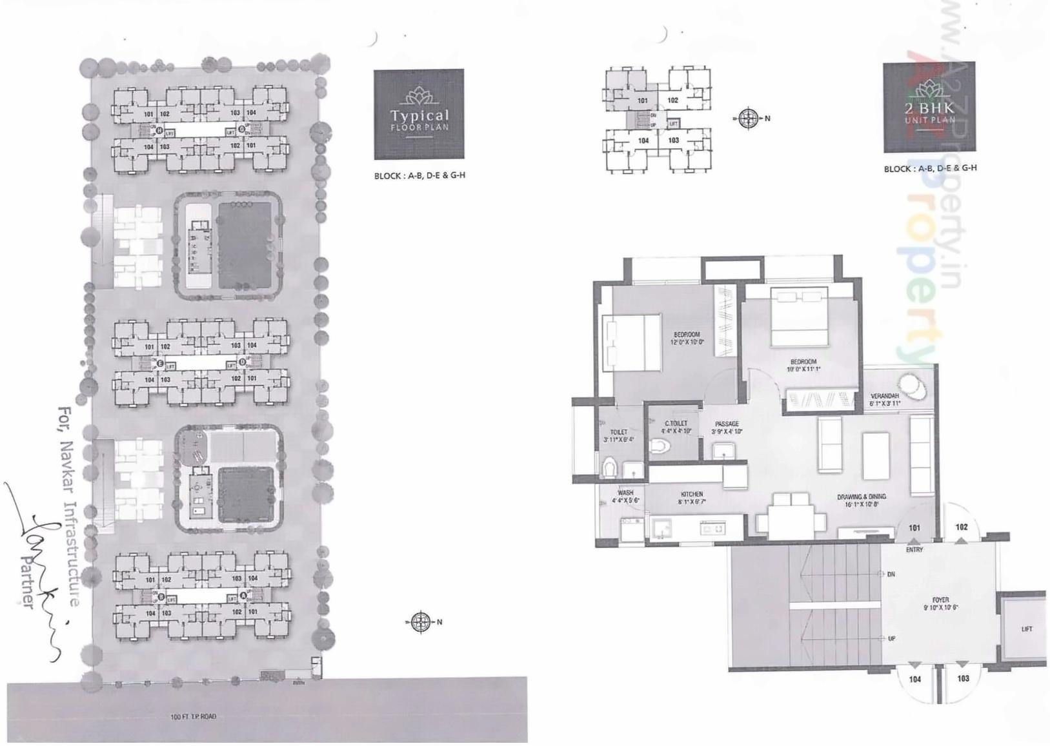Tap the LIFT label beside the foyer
(x=1027, y=629)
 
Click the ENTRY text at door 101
(x=914, y=550)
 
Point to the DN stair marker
(x=891, y=574)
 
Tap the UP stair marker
(x=891, y=638)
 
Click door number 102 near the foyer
(x=961, y=527)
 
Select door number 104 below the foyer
(x=914, y=679)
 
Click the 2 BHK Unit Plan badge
(x=929, y=108)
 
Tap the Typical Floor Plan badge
(x=419, y=114)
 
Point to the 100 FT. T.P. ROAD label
(x=194, y=716)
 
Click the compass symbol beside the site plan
(x=421, y=622)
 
